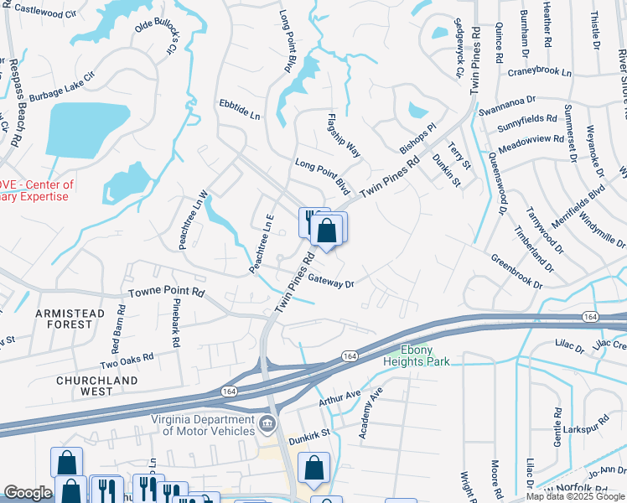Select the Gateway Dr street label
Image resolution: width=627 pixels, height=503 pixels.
[x=331, y=283]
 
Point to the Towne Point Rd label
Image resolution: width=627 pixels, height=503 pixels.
[x=166, y=293]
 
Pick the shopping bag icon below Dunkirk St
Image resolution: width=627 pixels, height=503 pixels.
[x=313, y=469]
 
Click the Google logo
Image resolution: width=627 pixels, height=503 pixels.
[x=28, y=493]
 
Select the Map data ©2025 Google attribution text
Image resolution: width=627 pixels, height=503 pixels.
[x=575, y=496]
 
